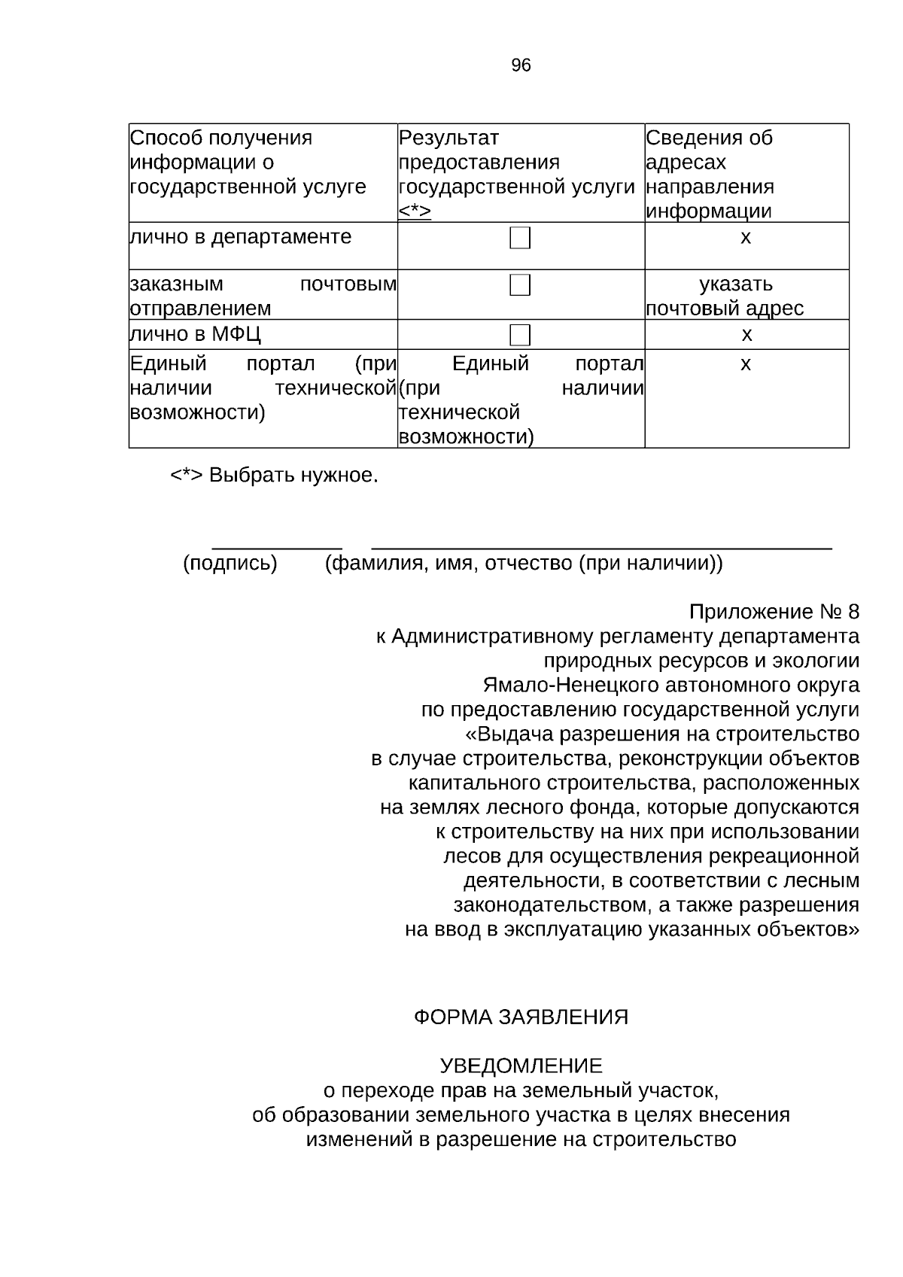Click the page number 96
coord(521,65)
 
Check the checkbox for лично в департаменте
coord(520,239)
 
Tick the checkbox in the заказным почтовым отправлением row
coord(520,285)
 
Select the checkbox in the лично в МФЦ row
coord(520,334)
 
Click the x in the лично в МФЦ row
coord(746,334)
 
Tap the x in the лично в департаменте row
coord(746,237)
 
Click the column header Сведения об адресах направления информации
coord(710,174)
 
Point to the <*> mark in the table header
coord(415,211)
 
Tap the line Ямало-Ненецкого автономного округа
coord(670,685)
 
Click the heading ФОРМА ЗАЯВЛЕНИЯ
coord(521,1017)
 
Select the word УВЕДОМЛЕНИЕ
coord(521,1066)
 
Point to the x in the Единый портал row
coord(746,364)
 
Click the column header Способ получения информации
coord(248,162)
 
